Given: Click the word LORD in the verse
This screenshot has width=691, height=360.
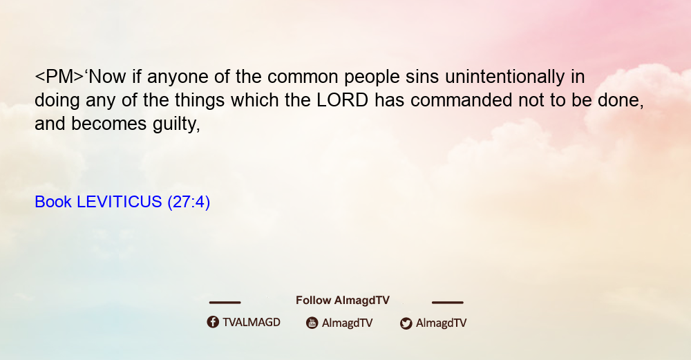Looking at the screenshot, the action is coord(343,100).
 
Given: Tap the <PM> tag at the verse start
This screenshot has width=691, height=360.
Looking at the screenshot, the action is coord(59,77).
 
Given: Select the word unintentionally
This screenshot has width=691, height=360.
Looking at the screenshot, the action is coord(504,77).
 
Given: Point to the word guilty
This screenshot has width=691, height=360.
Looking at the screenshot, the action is coord(176,124).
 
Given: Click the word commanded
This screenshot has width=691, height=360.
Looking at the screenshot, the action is coord(461,100).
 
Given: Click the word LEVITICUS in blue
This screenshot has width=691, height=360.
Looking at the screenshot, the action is coord(120,202).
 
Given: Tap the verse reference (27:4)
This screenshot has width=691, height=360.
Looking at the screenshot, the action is coord(189,202).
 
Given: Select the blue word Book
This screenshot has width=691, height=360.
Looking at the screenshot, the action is coord(53,202).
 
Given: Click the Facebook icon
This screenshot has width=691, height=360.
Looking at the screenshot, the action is coord(213,322).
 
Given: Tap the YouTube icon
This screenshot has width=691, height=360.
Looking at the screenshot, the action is coord(312,323).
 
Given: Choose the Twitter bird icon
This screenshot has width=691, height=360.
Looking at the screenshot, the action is coord(406,323).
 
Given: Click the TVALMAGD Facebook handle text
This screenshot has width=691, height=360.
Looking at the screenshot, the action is coord(252,323).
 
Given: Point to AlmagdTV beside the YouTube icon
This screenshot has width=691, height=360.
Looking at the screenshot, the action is coord(348,323).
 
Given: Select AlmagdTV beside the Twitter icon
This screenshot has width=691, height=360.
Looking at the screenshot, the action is coord(441,323).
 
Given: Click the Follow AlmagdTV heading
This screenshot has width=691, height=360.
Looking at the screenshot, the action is coord(343,301).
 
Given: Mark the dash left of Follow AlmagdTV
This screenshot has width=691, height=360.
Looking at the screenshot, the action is coord(225,303).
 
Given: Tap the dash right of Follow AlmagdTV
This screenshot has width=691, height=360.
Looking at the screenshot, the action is coord(448,303).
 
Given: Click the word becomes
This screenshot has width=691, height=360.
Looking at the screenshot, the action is coord(109,124).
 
